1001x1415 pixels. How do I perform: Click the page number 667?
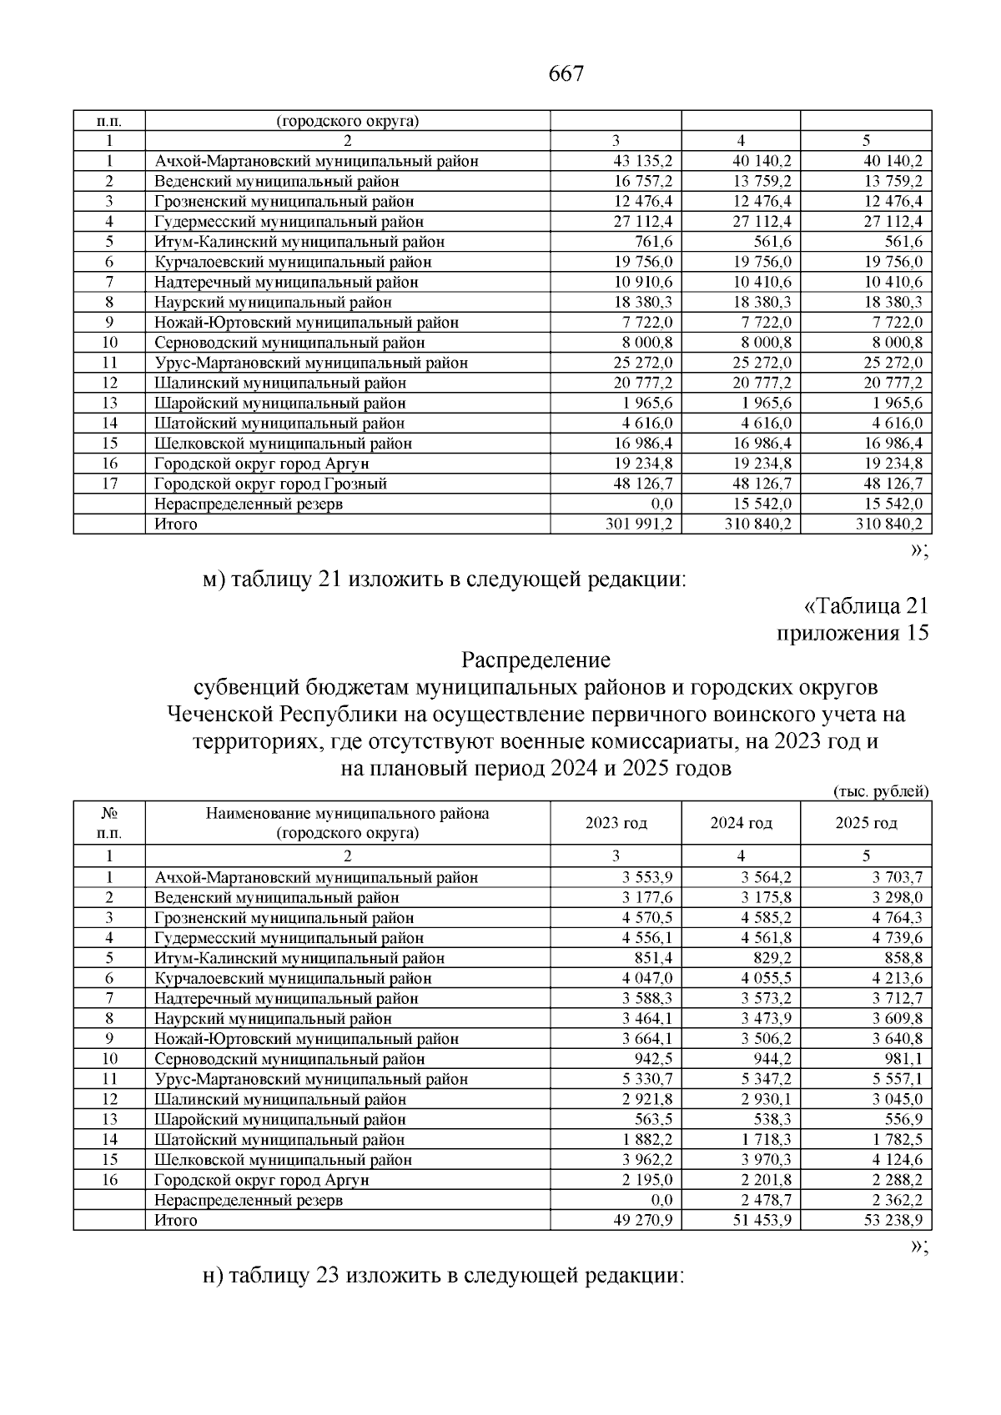(x=566, y=74)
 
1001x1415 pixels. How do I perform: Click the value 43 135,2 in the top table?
(x=642, y=161)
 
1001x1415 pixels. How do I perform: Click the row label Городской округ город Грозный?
(x=270, y=484)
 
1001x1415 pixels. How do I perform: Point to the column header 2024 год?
(x=741, y=823)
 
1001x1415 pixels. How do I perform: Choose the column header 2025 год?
(x=866, y=823)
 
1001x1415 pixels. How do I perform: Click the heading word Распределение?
(x=536, y=660)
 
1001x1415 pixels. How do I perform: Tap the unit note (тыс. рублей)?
(x=881, y=791)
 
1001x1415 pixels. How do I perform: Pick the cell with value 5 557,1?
(x=897, y=1079)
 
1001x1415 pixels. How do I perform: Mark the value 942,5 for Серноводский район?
(x=653, y=1059)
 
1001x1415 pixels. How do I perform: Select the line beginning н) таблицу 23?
(x=444, y=1276)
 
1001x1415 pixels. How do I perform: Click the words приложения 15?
(x=853, y=633)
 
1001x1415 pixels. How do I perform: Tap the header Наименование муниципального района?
(x=347, y=813)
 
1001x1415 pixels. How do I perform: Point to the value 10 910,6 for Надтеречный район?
(x=642, y=282)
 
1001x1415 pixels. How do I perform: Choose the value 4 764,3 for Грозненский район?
(x=897, y=918)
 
